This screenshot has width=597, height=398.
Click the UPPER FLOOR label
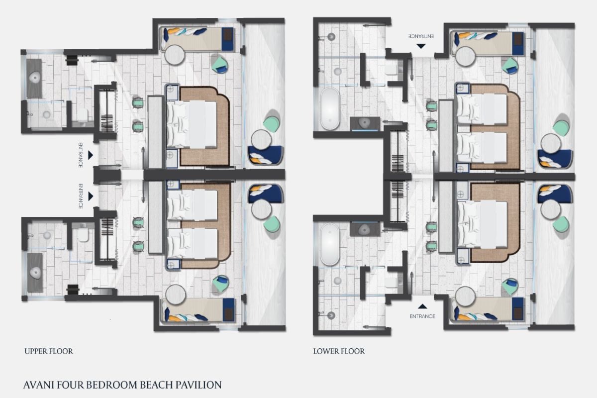click(x=49, y=351)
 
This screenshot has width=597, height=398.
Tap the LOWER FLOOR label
click(x=339, y=351)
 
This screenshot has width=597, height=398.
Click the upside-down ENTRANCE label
click(x=421, y=36)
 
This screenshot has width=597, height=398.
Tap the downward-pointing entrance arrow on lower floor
click(x=421, y=46)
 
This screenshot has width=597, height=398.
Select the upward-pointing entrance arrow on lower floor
click(x=422, y=306)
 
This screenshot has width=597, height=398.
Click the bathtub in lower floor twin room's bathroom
click(x=330, y=109)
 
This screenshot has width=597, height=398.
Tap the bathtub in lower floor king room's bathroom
click(x=330, y=244)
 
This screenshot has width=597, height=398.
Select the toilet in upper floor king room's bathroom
click(x=83, y=115)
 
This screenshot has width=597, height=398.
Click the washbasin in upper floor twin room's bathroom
click(x=35, y=273)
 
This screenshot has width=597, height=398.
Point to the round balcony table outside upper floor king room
click(x=261, y=140)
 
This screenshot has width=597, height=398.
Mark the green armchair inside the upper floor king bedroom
click(x=220, y=65)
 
